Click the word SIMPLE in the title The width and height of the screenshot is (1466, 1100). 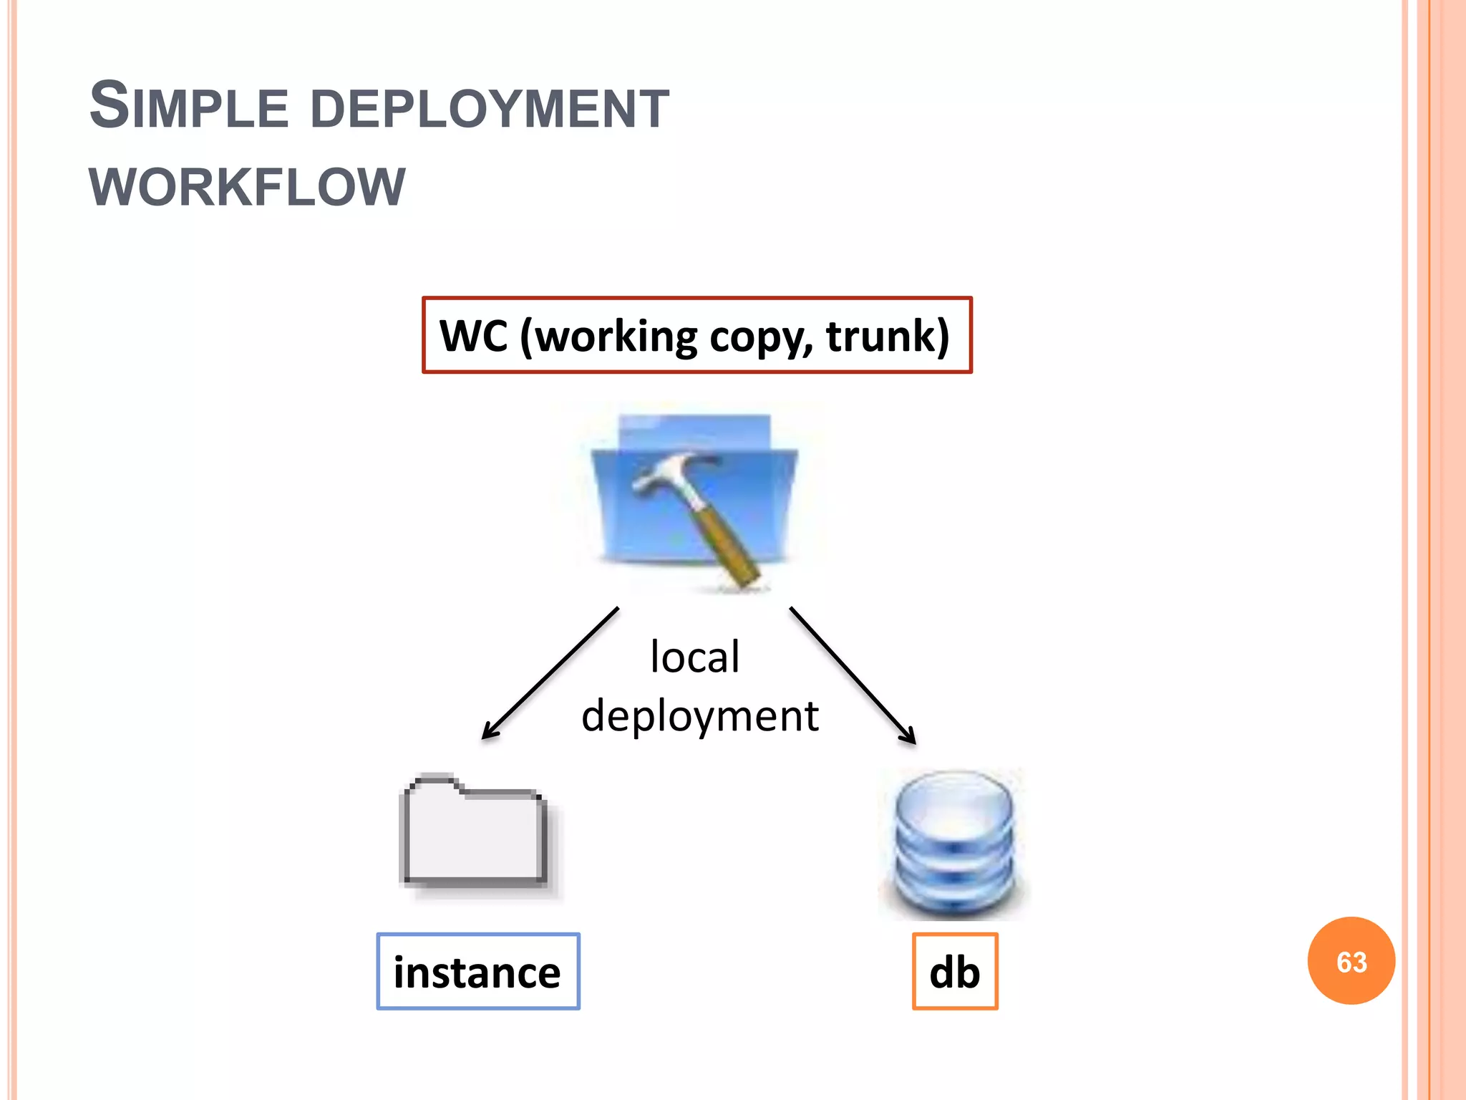tap(188, 107)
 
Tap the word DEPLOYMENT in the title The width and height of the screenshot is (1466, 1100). tap(490, 109)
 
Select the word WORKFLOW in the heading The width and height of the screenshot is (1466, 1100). tap(247, 188)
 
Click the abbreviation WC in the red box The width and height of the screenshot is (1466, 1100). tap(473, 335)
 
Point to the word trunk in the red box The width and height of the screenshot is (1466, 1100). tap(888, 335)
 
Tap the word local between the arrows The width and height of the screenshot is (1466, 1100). tap(694, 656)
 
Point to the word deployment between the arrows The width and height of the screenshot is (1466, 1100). tap(699, 715)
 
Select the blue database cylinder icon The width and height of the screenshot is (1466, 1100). tap(954, 845)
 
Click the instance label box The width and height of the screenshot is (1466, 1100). tap(477, 972)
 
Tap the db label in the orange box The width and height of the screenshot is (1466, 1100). tap(954, 972)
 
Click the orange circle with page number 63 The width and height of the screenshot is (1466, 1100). tap(1351, 961)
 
